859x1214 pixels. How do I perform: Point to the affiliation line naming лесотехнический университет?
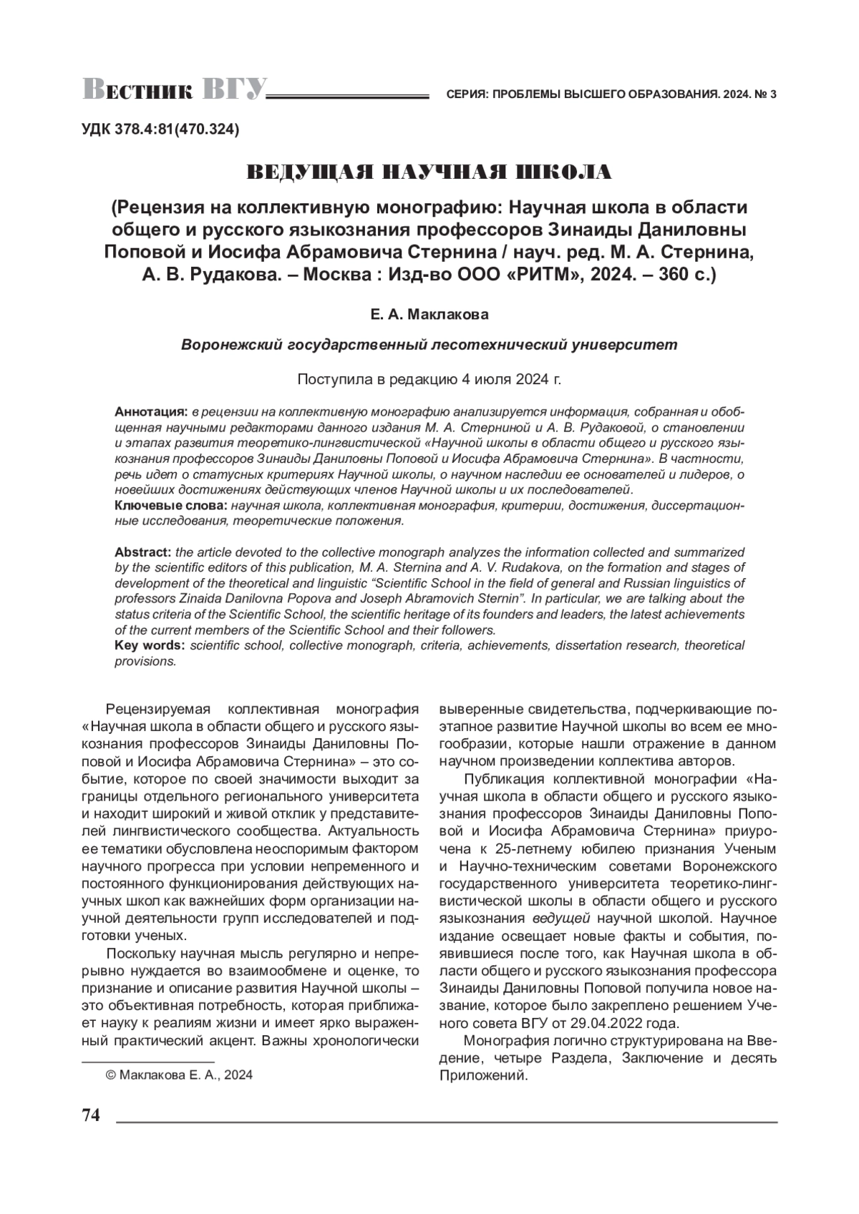click(429, 344)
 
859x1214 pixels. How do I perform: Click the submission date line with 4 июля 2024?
click(429, 379)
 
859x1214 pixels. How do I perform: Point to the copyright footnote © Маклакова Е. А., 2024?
click(179, 1075)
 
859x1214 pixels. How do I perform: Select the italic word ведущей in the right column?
click(561, 917)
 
